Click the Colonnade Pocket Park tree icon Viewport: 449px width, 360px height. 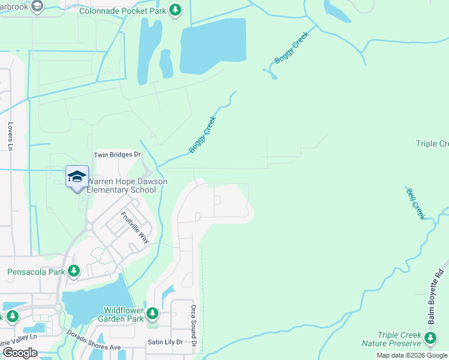click(x=175, y=10)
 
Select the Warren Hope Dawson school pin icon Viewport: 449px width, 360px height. click(x=77, y=176)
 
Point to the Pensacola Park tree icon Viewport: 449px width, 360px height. click(x=74, y=272)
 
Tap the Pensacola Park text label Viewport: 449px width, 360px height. click(x=36, y=272)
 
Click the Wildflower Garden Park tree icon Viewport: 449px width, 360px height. click(x=153, y=313)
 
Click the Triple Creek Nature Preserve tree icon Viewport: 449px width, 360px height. click(x=430, y=339)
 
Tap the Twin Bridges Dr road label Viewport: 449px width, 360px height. click(x=117, y=155)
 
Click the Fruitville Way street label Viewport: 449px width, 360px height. click(x=134, y=227)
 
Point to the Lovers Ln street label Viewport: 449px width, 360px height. click(x=10, y=137)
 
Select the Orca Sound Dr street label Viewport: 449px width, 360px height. click(x=194, y=332)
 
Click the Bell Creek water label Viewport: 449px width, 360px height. click(x=415, y=204)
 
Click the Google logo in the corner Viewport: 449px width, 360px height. click(x=20, y=353)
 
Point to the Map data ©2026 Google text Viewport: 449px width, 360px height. click(x=412, y=355)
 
